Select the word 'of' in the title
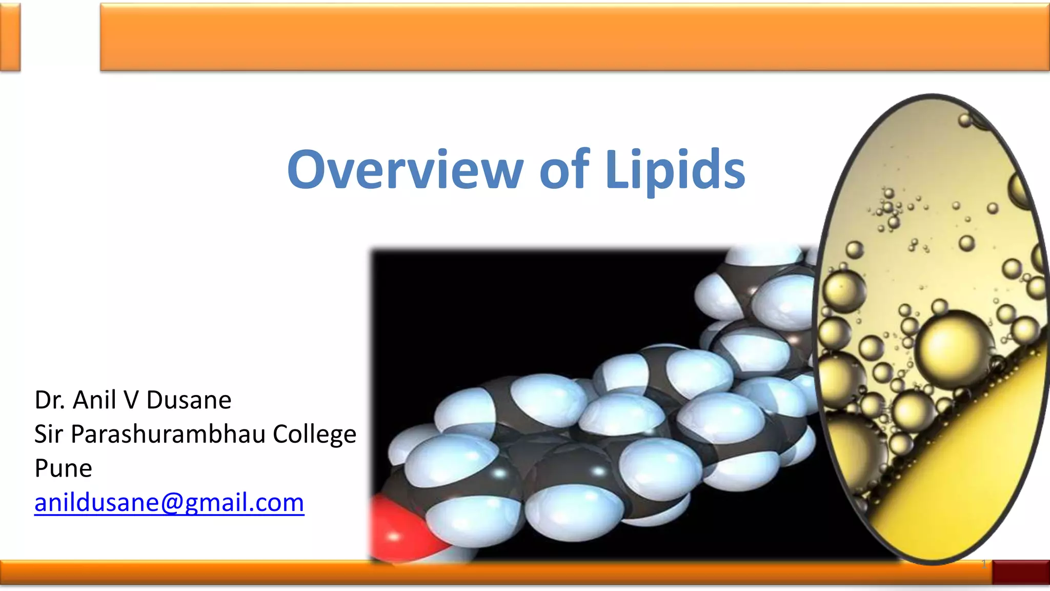pyautogui.click(x=564, y=170)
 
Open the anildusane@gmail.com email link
pyautogui.click(x=169, y=502)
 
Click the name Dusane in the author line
pyautogui.click(x=189, y=400)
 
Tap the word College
pyautogui.click(x=314, y=435)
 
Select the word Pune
pyautogui.click(x=63, y=468)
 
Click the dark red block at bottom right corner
pyautogui.click(x=1020, y=572)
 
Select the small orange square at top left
pyautogui.click(x=10, y=37)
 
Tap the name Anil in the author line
pyautogui.click(x=94, y=400)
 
